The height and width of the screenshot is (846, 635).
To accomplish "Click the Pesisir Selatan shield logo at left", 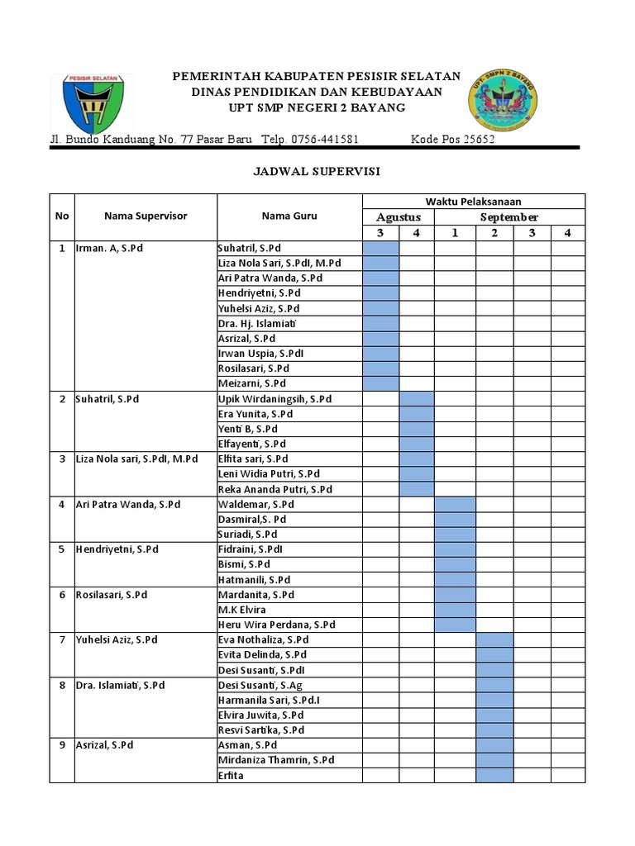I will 89,104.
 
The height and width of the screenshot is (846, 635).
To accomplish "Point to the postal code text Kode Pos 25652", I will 453,140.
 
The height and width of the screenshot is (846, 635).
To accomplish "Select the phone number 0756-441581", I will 324,140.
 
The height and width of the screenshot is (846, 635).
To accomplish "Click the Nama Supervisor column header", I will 146,216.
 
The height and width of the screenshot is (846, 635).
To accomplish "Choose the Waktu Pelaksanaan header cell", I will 473,202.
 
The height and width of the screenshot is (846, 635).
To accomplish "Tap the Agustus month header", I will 399,217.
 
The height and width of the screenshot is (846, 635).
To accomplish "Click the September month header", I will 509,217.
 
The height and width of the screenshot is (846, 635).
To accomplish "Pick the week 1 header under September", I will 455,233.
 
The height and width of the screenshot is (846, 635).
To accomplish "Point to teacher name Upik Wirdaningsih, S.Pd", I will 275,399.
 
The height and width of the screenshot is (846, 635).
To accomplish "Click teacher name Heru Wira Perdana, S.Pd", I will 276,625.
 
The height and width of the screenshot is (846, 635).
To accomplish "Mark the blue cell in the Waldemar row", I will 455,504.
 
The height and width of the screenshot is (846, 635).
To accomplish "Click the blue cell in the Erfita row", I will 494,776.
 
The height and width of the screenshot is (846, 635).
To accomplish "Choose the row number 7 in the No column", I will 62,639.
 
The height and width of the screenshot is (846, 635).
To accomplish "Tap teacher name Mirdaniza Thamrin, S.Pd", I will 276,760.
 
